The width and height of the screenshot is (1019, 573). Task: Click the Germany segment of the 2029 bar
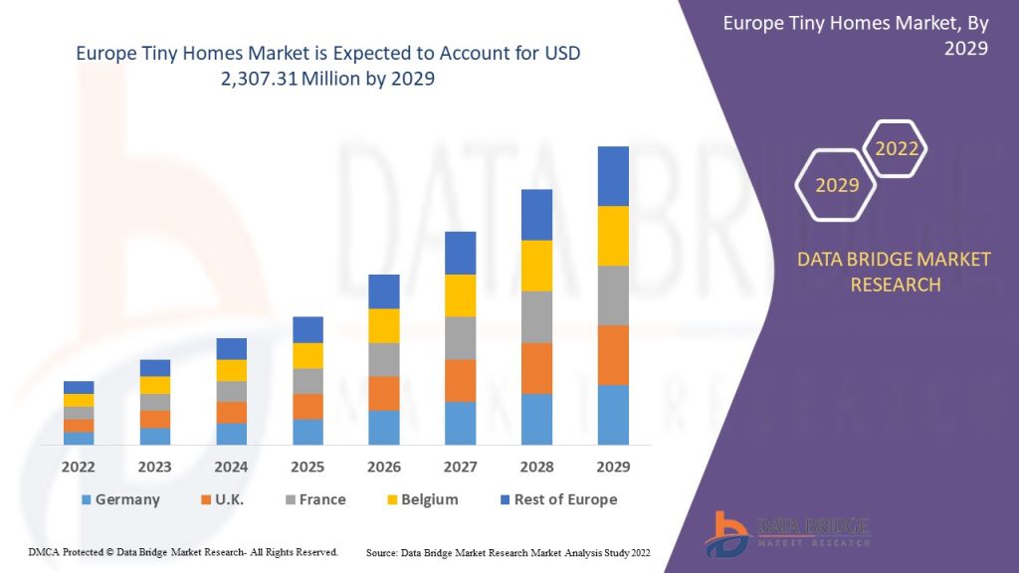[613, 414]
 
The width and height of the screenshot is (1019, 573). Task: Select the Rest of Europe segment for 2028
[536, 215]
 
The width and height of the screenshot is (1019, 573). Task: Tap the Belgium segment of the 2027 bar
[460, 295]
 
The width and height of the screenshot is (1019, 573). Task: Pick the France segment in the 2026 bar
[384, 359]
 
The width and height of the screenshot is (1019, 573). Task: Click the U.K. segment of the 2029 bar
[613, 355]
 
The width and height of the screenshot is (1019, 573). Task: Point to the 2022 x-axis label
[79, 467]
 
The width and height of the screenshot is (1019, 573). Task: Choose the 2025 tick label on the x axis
[307, 467]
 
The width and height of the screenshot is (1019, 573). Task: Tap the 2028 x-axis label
[536, 467]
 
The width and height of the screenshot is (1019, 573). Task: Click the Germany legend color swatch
[87, 499]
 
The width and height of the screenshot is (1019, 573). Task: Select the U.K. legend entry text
[230, 499]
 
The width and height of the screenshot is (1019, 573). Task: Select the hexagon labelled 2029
[836, 185]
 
